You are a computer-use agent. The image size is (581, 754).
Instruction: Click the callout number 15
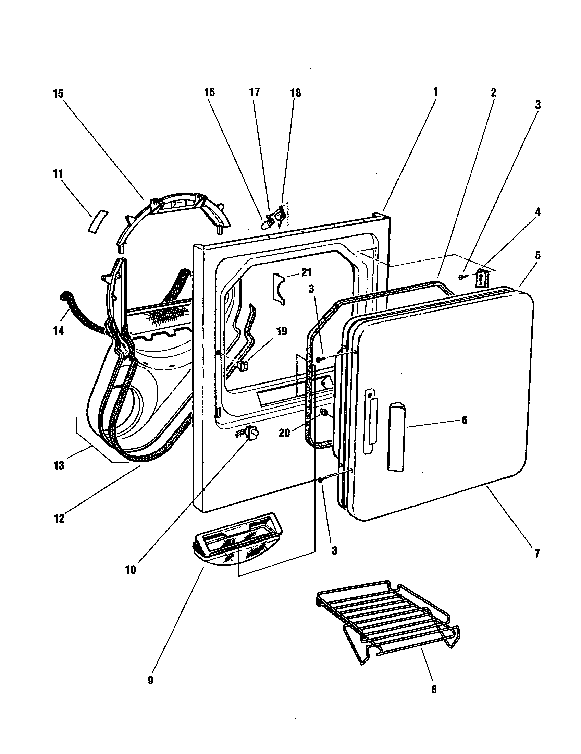point(58,94)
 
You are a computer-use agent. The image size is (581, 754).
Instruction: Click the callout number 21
point(306,272)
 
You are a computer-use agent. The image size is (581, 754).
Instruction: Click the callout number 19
point(282,331)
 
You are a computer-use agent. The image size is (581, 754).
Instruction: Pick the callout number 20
point(284,433)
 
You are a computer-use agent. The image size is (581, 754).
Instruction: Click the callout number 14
point(59,331)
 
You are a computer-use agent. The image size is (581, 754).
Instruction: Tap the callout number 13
point(59,465)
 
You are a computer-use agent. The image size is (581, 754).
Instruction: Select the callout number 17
point(255,92)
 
